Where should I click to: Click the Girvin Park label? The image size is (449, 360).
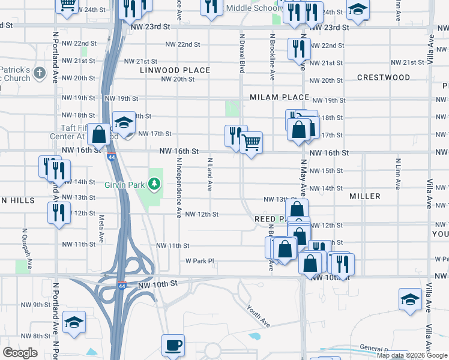tap(126, 183)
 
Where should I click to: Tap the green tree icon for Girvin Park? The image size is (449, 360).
tap(155, 183)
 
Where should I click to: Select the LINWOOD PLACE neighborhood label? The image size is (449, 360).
tap(175, 70)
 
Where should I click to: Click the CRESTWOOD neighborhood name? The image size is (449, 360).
tap(384, 77)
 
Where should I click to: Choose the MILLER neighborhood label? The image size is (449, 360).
tap(365, 196)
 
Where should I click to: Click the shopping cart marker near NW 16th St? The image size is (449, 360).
tap(252, 143)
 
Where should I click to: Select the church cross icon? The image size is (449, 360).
tap(40, 74)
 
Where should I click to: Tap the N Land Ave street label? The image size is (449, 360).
tap(209, 174)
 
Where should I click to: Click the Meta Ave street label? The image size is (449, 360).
tap(101, 227)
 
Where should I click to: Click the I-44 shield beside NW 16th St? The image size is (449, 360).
tap(112, 157)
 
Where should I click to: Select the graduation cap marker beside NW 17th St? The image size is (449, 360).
tap(124, 124)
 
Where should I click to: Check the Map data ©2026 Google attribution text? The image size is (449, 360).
tap(412, 355)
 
